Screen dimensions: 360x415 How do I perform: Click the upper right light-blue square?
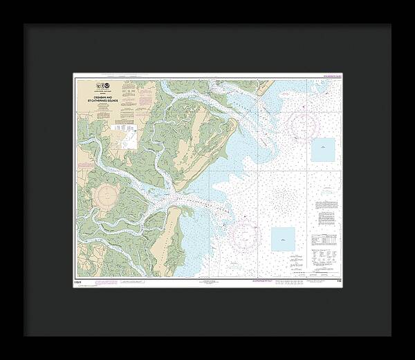pos(322,149)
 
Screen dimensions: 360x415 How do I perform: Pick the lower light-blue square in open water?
pos(282,239)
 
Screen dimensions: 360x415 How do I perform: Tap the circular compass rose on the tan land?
pos(109,198)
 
